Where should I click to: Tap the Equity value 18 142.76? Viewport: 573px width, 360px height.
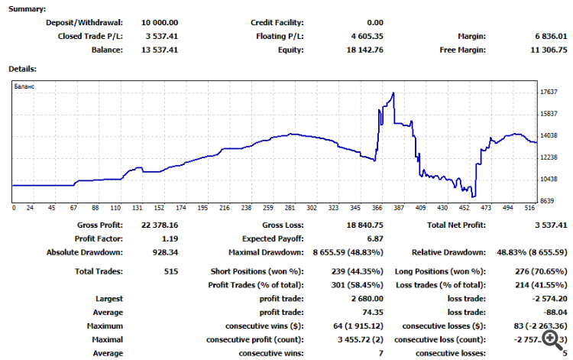click(364, 50)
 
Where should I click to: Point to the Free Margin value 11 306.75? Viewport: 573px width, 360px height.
click(549, 50)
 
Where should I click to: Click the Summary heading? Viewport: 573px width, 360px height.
click(27, 9)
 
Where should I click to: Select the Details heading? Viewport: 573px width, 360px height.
click(22, 69)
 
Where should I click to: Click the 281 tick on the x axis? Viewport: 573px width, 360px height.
click(290, 208)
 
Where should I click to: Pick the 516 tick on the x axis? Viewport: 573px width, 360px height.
click(529, 208)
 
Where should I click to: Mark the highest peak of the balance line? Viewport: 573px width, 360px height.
click(393, 93)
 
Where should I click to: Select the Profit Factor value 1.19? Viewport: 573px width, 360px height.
click(169, 238)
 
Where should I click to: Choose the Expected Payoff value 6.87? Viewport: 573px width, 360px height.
click(374, 238)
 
